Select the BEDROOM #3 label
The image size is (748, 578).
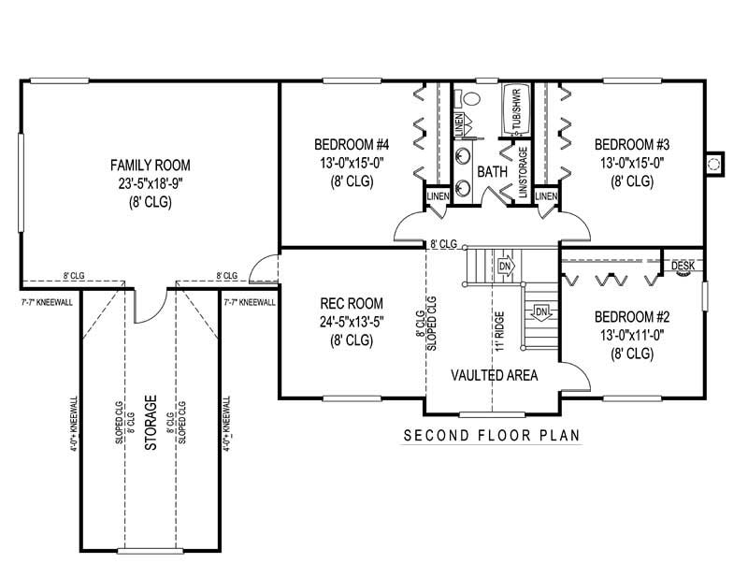pos(632,144)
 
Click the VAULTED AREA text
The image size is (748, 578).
pos(494,375)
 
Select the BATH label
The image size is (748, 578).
pos(492,173)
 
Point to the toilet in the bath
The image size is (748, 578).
pos(470,97)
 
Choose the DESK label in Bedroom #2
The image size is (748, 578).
pos(683,267)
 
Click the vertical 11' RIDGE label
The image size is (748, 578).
pos(501,331)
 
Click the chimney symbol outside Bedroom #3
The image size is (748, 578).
pos(715,163)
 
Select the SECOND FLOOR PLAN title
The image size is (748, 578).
pos(492,435)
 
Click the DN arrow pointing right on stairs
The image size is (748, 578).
pos(506,266)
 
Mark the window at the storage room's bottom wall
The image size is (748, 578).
pos(150,550)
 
